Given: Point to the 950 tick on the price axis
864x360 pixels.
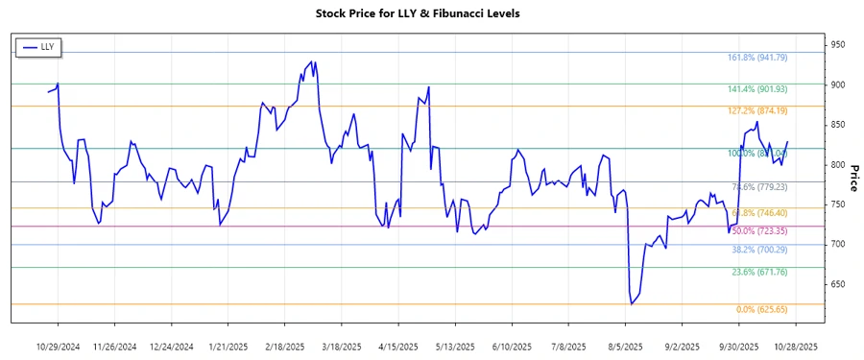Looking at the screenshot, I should click(838, 45).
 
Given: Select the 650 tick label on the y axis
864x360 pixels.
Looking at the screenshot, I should click(838, 284).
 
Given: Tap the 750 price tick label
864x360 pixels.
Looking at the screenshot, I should click(838, 204).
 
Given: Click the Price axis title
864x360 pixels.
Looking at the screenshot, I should click(854, 179).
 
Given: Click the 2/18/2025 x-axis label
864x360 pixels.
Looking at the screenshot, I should click(285, 346).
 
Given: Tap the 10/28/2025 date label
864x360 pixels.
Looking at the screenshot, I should click(796, 346).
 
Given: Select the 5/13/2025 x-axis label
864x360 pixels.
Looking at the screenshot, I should click(454, 346).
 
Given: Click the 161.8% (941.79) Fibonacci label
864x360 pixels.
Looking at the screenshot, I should click(757, 58).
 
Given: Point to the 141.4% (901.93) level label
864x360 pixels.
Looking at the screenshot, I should click(757, 89).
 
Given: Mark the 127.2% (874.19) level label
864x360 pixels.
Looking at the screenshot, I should click(757, 111).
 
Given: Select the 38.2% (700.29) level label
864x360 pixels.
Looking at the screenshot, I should click(759, 250).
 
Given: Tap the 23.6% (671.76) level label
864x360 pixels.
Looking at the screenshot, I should click(759, 273).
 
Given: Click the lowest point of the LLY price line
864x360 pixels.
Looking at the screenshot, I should click(631, 304).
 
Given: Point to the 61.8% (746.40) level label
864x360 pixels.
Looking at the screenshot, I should click(759, 213).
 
